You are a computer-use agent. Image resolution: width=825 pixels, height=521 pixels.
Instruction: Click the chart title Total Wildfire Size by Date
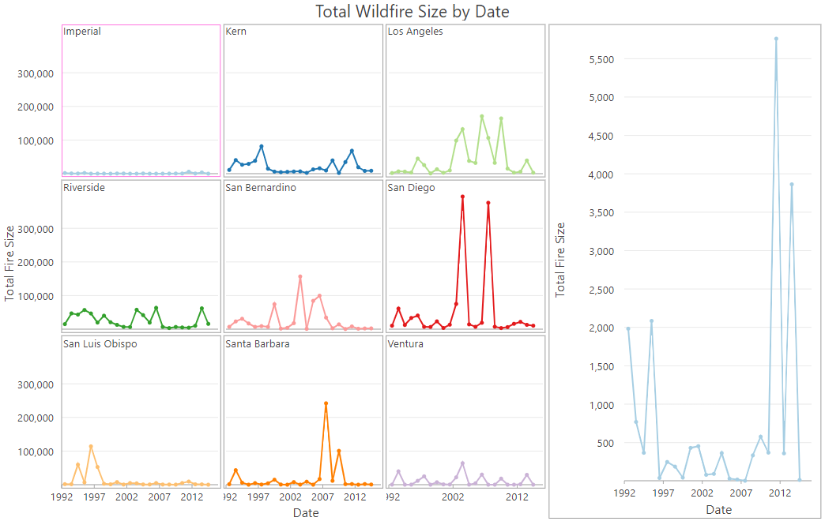(412, 11)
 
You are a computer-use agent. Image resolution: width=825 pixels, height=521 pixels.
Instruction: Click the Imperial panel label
(82, 32)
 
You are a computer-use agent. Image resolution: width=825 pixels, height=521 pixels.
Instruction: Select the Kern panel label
(235, 32)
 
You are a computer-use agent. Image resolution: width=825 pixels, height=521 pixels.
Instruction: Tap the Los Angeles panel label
(415, 32)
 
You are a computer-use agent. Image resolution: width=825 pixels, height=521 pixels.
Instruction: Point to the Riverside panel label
(84, 188)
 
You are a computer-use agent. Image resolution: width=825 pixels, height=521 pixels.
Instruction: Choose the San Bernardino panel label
(261, 188)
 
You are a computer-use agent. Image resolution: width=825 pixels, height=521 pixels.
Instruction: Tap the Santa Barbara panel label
(257, 344)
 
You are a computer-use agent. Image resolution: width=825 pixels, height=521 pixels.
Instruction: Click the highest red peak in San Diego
(462, 197)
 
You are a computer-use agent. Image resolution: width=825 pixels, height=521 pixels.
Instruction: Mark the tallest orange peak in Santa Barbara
(326, 403)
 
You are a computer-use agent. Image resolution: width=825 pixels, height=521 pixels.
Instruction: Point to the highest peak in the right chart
(776, 39)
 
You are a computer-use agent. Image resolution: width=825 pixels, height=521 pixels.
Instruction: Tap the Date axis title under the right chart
(718, 510)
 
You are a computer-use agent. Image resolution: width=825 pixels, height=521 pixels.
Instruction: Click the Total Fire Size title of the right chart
(560, 260)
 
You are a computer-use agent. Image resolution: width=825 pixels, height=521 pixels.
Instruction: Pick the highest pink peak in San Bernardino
(300, 276)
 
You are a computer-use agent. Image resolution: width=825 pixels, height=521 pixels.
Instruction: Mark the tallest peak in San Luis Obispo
(91, 447)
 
